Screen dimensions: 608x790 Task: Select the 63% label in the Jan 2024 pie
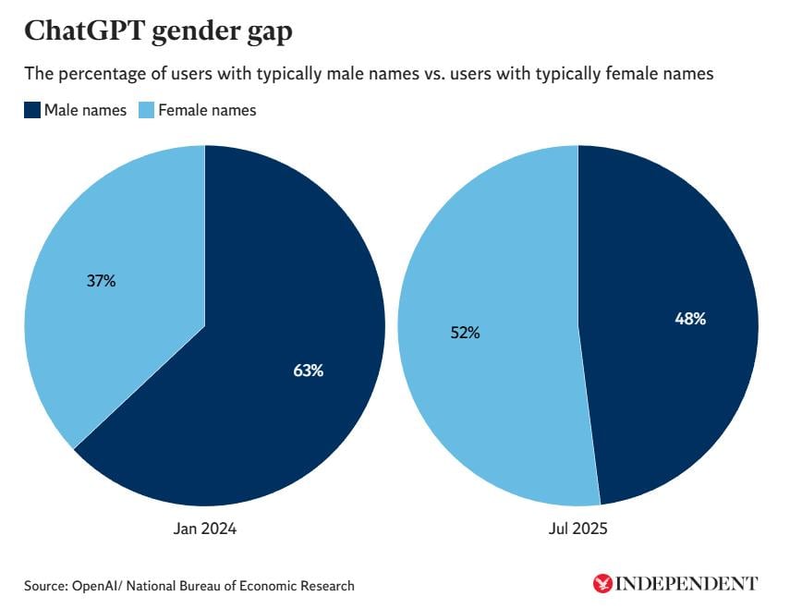click(x=309, y=371)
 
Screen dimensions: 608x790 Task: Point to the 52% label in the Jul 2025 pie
click(x=465, y=333)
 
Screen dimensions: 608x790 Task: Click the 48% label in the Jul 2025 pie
click(x=690, y=319)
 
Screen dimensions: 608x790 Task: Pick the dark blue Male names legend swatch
click(x=31, y=111)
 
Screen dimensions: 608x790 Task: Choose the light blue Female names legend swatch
click(x=146, y=111)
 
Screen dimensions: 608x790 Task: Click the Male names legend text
click(x=86, y=111)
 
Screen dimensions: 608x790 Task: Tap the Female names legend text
click(x=207, y=111)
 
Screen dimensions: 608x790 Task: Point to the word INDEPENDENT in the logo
click(x=687, y=583)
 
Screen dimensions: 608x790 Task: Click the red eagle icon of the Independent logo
click(x=602, y=583)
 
